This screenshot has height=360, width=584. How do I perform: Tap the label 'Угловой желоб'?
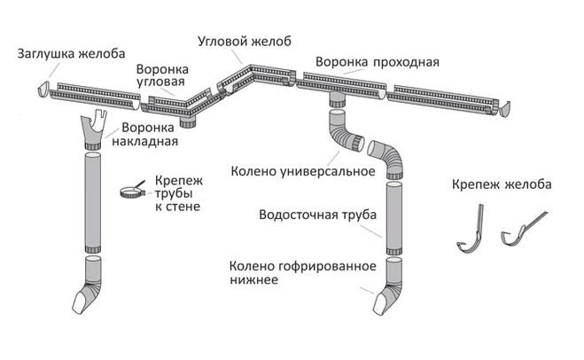point(244,43)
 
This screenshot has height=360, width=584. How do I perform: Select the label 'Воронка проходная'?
point(377,62)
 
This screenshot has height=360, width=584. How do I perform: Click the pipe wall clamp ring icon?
point(128,191)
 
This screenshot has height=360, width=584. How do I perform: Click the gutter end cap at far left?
point(46,89)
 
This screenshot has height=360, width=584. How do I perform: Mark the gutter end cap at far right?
point(507,109)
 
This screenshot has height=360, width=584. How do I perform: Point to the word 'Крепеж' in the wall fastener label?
point(174,178)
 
